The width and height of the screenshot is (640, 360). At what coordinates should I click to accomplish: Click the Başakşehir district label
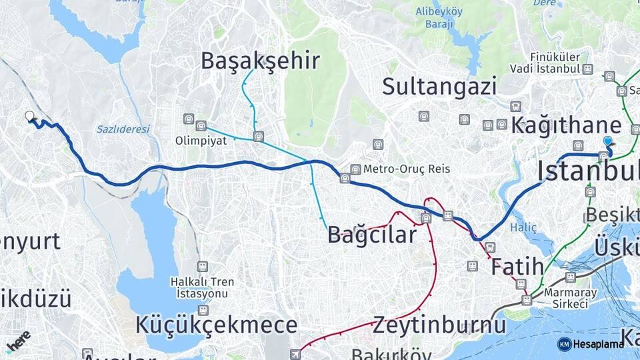point(260,61)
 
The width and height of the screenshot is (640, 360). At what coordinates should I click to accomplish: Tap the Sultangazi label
point(439,86)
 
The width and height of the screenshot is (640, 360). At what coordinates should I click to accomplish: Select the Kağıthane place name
point(566,125)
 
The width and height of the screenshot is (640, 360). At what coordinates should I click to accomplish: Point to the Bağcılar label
point(371,235)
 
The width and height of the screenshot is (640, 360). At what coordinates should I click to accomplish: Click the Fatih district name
point(517,267)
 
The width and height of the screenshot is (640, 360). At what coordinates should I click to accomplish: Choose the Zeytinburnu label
point(439,325)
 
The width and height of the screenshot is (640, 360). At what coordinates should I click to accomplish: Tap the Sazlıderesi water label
point(123,129)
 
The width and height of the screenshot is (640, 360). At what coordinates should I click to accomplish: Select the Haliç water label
point(523,227)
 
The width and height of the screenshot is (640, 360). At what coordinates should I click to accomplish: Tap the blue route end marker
point(607,141)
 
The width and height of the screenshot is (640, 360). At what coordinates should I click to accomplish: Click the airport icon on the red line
point(295,353)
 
